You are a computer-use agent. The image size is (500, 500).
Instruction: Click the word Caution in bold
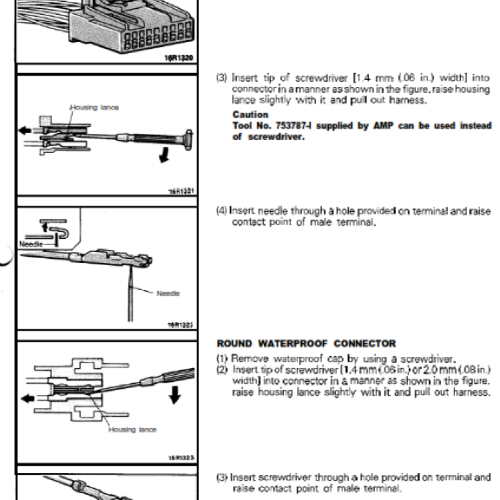[250, 114]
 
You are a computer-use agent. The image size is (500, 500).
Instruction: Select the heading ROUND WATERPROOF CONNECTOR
[306, 343]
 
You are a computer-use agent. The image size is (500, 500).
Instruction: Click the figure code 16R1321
[182, 190]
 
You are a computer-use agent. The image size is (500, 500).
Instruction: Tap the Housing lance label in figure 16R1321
[94, 107]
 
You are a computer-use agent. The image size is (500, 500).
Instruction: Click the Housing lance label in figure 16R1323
[132, 429]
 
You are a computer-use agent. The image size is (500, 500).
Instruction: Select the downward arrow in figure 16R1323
[175, 394]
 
